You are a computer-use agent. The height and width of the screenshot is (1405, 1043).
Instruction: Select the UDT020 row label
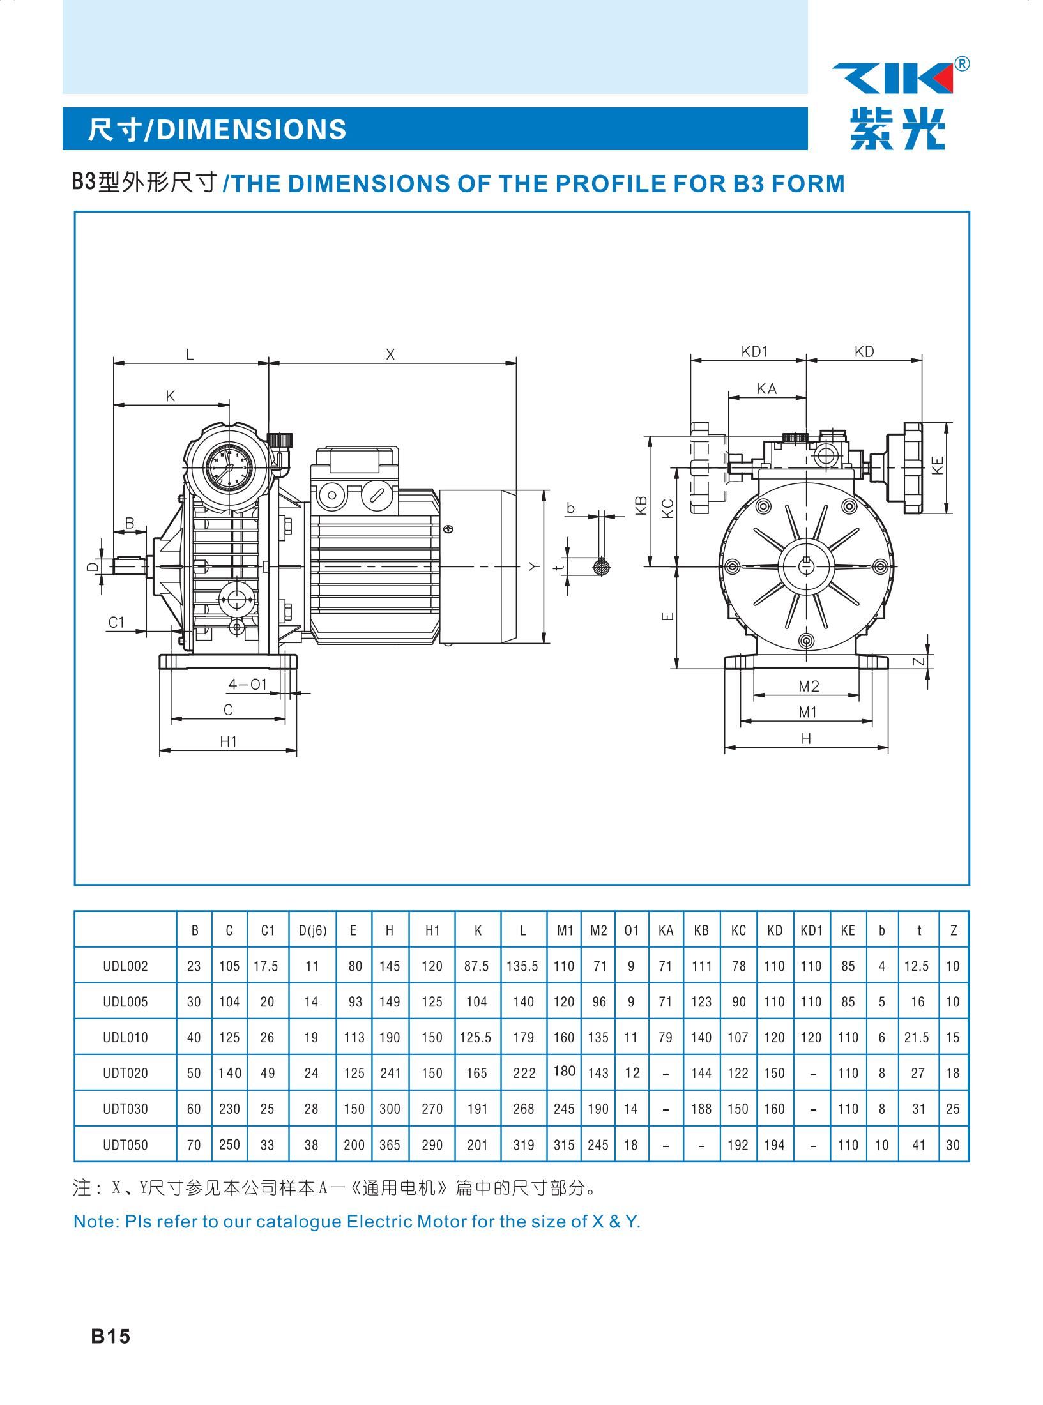(125, 1073)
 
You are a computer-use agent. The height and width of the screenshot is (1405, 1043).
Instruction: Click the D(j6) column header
(312, 930)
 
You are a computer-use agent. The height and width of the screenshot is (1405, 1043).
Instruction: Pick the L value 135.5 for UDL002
(522, 966)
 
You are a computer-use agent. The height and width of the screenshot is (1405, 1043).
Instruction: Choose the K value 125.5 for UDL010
(476, 1037)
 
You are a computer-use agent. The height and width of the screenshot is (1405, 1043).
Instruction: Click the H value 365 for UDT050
(390, 1144)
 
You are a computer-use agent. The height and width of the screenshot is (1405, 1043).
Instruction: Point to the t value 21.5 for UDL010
(917, 1037)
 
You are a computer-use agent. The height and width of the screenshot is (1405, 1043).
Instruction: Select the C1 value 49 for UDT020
(267, 1073)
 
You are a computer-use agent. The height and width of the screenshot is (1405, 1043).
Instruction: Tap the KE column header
(848, 930)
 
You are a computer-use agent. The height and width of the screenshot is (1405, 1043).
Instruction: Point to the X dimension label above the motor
(391, 354)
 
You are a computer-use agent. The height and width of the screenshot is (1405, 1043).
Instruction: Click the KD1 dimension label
(754, 351)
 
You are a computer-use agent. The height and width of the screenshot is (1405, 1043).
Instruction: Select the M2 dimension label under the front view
(809, 687)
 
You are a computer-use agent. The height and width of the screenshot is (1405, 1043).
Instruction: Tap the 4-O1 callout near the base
(248, 685)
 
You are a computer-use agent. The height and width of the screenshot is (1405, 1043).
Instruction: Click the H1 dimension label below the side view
(229, 741)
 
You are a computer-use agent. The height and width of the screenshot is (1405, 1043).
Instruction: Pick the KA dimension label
(766, 389)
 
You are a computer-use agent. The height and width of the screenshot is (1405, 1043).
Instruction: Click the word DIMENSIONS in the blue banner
(252, 129)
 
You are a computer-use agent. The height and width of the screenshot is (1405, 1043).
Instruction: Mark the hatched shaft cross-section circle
(602, 566)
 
